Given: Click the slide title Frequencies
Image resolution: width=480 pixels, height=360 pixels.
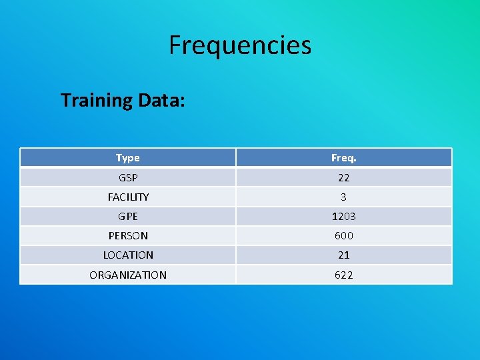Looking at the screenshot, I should (240, 45).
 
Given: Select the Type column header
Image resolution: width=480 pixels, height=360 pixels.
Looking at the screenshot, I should (127, 158).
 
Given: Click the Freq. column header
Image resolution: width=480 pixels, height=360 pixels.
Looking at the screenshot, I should (343, 158).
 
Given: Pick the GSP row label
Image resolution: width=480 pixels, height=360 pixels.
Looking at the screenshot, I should (127, 178).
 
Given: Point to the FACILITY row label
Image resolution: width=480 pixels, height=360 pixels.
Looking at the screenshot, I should (128, 197).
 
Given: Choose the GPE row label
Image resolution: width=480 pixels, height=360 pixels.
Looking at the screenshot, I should (127, 217).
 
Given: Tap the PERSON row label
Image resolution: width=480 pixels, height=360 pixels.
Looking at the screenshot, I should (128, 236).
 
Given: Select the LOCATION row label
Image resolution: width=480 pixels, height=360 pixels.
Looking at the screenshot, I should (128, 255).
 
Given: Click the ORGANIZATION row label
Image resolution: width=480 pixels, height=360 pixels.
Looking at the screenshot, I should (128, 275).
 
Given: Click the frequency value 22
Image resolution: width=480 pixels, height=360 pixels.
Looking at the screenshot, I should (343, 178).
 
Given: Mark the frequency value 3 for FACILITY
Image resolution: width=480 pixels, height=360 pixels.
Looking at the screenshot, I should (343, 197).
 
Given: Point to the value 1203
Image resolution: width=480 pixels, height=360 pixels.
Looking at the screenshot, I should (343, 217).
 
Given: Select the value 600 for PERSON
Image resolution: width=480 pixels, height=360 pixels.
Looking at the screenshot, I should (343, 236).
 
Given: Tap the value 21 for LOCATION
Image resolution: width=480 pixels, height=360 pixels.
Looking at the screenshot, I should (343, 255).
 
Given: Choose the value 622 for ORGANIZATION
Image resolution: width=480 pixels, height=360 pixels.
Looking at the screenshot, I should (343, 275).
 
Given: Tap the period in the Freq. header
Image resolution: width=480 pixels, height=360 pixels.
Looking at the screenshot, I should (355, 161).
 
